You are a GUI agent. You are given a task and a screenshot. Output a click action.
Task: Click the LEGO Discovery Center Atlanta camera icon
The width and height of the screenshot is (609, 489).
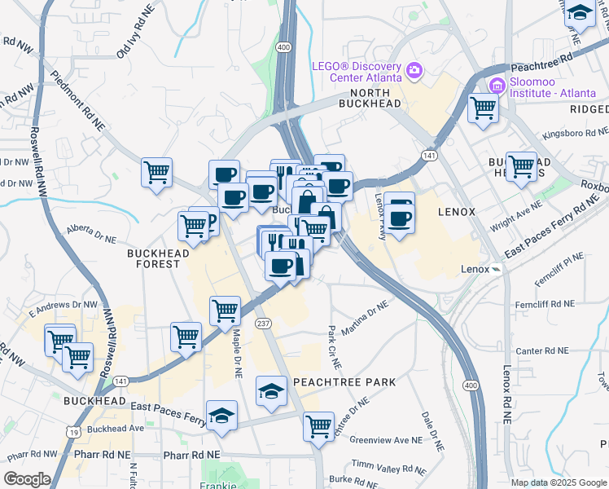point(414,71)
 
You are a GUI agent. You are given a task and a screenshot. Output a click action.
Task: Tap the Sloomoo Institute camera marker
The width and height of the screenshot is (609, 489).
point(496,85)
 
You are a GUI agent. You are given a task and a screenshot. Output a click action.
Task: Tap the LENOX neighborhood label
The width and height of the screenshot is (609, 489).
point(456,211)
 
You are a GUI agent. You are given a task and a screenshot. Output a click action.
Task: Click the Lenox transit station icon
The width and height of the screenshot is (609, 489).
point(496,269)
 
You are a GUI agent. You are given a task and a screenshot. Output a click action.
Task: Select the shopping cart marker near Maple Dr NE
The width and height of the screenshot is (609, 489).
point(225,310)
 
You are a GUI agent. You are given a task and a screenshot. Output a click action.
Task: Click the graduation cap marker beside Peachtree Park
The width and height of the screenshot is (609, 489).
point(271,392)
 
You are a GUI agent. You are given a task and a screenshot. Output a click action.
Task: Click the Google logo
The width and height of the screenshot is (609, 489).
point(27,479)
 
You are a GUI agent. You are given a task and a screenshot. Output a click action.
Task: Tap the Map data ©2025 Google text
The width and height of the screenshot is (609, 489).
point(557,482)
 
